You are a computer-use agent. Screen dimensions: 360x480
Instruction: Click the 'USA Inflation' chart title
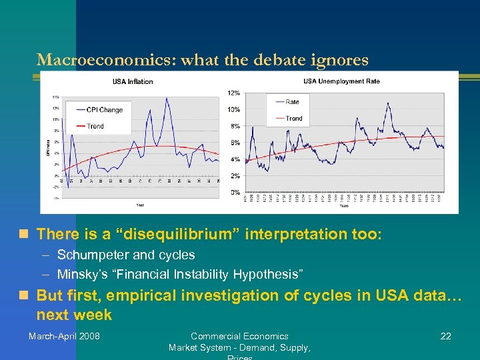point(132,82)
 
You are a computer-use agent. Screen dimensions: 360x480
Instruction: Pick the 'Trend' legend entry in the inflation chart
point(95,126)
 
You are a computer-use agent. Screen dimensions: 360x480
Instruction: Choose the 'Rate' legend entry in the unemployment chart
point(293,102)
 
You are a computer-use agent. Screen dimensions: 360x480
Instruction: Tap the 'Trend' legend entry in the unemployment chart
point(294,119)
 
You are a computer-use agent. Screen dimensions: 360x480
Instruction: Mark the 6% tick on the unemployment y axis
point(235,143)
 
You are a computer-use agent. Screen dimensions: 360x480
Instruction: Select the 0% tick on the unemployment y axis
point(235,192)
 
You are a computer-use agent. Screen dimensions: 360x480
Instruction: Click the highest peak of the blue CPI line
point(166,99)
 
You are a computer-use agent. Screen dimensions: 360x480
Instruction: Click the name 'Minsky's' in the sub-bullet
point(81,274)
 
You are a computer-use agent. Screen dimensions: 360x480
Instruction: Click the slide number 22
point(445,336)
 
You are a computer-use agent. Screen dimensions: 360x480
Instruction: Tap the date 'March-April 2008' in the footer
point(64,336)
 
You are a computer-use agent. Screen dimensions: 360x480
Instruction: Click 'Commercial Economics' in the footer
point(239,336)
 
